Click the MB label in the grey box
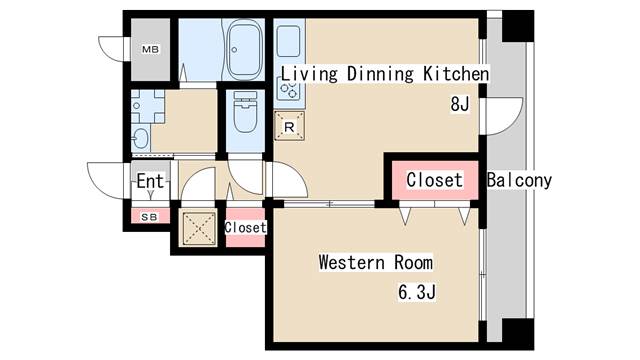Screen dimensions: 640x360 pos(150,49)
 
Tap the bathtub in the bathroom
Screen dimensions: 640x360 pos(244,50)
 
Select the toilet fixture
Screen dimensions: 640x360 pos(245,112)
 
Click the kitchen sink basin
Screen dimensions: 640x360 pos(289,41)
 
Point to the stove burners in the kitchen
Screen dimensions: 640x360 pos(288,90)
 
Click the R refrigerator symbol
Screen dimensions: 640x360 pos(289,126)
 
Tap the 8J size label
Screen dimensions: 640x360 pos(460,104)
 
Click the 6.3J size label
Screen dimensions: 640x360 pos(417,292)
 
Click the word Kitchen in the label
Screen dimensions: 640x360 pos(456,74)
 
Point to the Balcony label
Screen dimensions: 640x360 pos(519,180)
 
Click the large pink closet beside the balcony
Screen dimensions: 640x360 pos(435,180)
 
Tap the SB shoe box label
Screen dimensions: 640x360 pos(149,217)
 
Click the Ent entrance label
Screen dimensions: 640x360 pos(150,181)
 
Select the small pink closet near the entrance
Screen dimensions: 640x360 pos(245,228)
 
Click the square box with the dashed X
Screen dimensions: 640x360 pos(198,228)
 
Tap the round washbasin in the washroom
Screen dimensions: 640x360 pos(140,138)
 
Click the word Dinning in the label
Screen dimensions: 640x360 pos(380,74)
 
